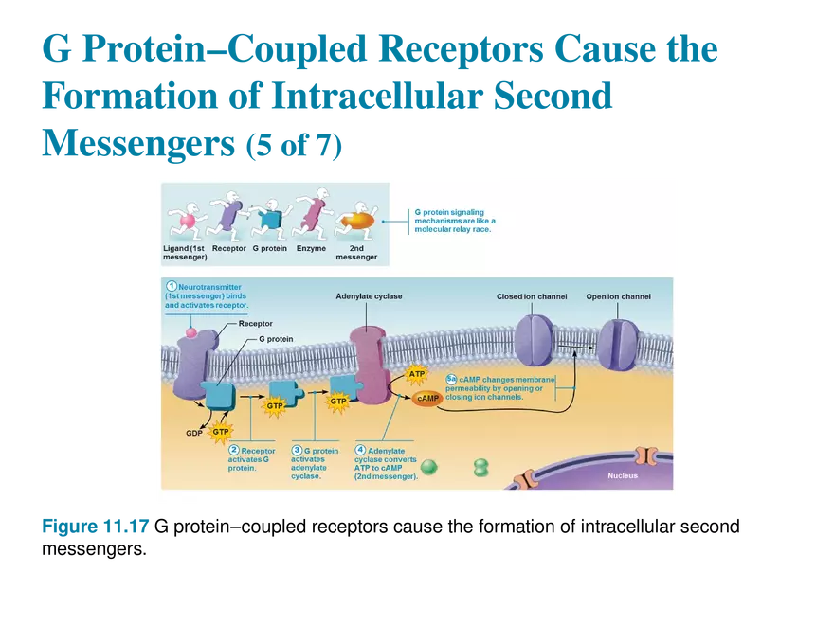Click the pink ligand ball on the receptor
click(x=191, y=332)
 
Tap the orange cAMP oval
click(x=427, y=399)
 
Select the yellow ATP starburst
click(x=417, y=375)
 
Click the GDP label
click(x=195, y=433)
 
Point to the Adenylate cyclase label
click(x=369, y=296)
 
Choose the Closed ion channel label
click(x=532, y=296)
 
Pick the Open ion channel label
click(x=618, y=296)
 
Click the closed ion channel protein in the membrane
click(x=535, y=342)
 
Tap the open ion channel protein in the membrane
click(x=618, y=344)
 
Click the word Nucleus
click(x=623, y=475)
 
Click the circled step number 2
click(x=234, y=450)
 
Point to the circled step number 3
click(x=297, y=450)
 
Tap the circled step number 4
click(x=360, y=450)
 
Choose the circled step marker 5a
click(x=451, y=379)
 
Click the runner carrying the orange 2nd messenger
click(x=354, y=220)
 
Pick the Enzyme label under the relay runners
click(x=310, y=249)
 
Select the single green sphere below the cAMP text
click(x=428, y=467)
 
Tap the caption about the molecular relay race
click(x=455, y=221)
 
